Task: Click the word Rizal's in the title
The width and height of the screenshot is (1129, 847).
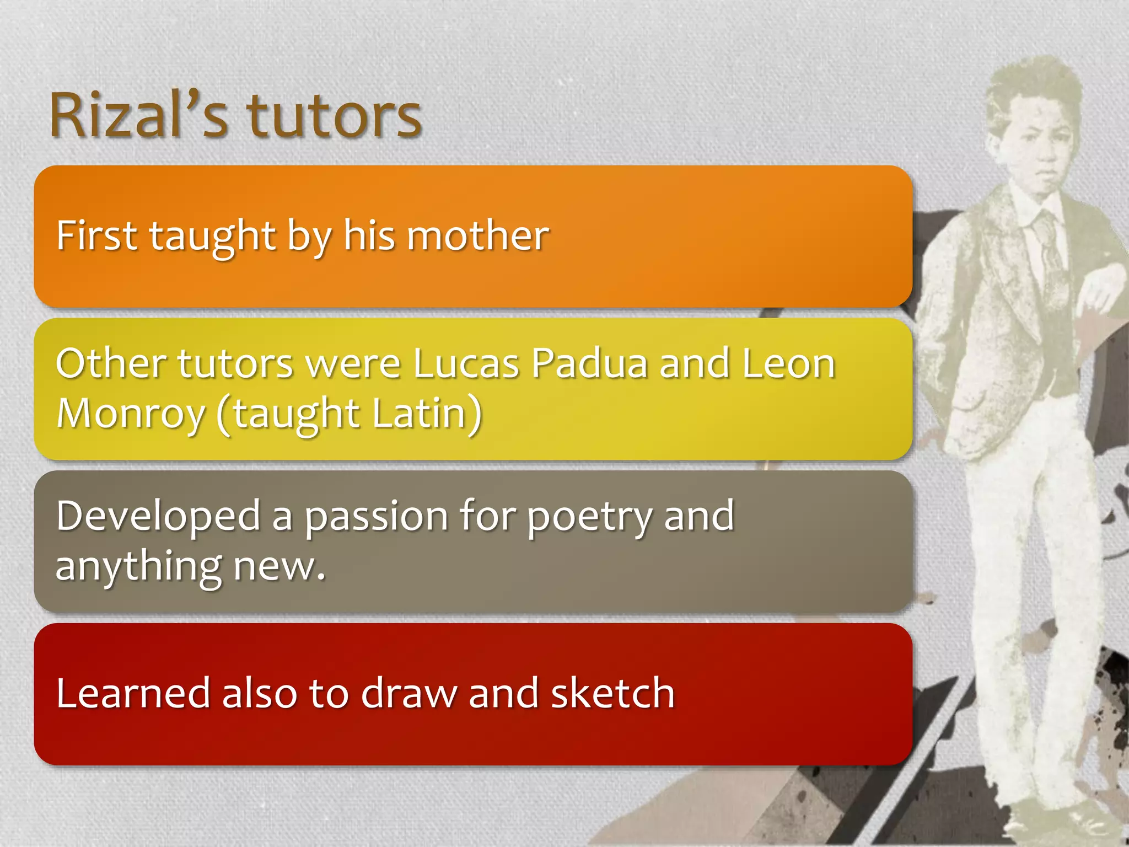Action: click(138, 116)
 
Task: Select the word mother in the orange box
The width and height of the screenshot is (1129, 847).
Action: click(478, 236)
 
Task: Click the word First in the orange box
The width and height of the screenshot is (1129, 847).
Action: click(96, 236)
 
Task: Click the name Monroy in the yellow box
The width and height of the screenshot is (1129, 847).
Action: click(131, 414)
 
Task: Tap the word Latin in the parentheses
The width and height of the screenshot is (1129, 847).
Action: click(419, 414)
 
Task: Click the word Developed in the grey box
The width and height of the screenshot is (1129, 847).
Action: click(158, 517)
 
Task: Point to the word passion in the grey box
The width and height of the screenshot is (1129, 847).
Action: click(377, 517)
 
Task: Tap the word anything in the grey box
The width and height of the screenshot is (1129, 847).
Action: click(138, 567)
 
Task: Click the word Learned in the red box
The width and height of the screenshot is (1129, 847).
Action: click(133, 693)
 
